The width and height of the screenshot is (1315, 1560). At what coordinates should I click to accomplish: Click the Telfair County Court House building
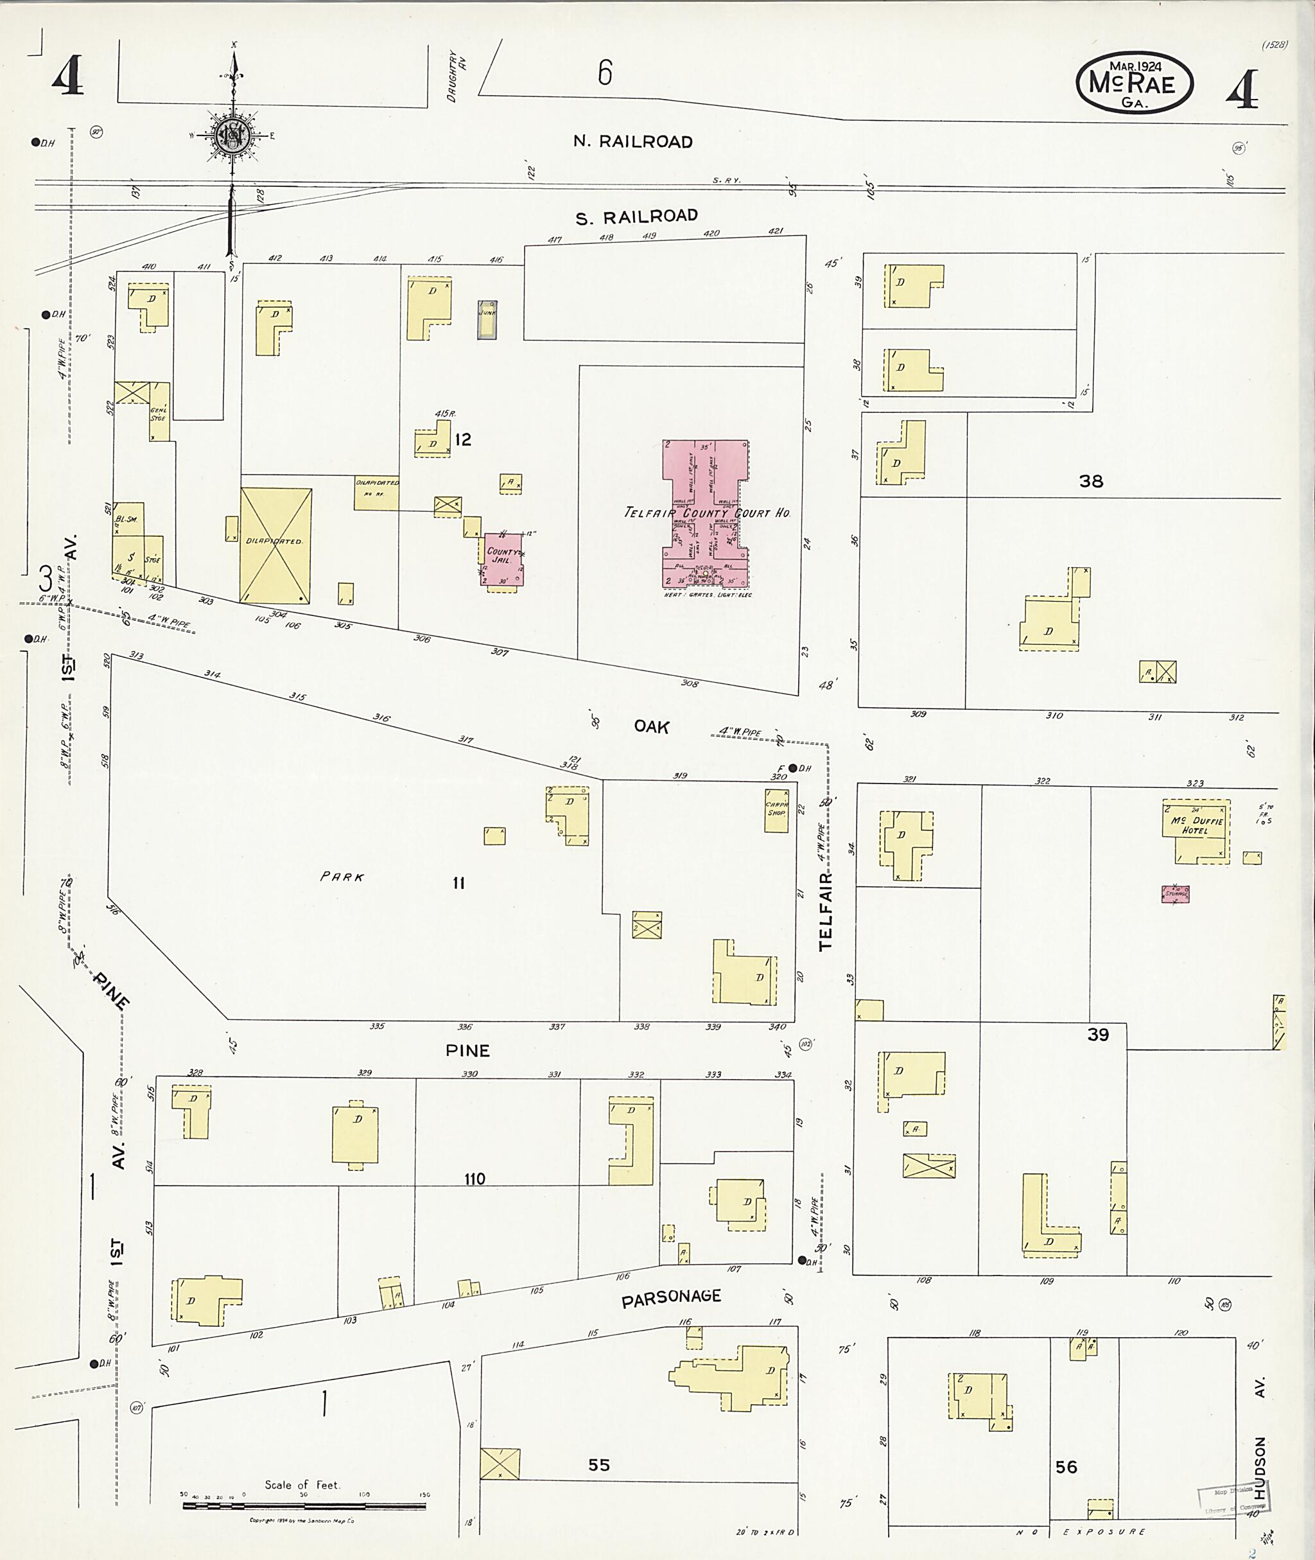click(x=705, y=514)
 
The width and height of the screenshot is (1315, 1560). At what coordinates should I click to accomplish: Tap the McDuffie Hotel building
click(x=1196, y=832)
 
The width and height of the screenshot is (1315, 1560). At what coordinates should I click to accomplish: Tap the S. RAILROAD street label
click(x=636, y=216)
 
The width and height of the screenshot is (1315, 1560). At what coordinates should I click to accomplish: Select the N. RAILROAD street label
click(x=633, y=142)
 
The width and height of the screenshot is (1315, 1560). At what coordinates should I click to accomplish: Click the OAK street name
click(x=652, y=726)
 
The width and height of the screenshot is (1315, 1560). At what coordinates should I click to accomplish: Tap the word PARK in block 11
click(x=342, y=877)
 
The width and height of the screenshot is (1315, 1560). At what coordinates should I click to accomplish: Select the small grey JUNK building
click(x=487, y=319)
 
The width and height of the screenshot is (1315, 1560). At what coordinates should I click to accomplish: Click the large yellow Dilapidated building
click(x=275, y=545)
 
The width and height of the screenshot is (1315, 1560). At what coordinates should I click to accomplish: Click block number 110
click(x=474, y=1179)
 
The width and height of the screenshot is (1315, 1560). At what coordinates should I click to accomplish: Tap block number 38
click(x=1091, y=482)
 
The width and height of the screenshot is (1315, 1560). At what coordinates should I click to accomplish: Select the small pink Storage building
click(x=1175, y=893)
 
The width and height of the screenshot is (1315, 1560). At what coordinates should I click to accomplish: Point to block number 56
click(x=1066, y=1467)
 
